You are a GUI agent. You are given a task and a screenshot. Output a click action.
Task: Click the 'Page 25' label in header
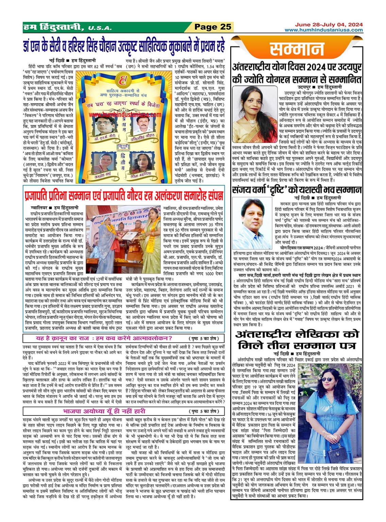[x=213, y=27]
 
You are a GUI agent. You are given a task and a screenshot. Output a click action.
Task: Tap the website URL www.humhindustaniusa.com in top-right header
[x=323, y=30]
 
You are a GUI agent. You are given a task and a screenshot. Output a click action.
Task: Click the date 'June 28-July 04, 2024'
[x=329, y=25]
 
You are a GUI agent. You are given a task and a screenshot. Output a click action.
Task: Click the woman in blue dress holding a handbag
[x=329, y=412]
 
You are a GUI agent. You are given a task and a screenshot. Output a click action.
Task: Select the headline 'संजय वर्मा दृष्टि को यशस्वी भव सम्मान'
[x=297, y=190]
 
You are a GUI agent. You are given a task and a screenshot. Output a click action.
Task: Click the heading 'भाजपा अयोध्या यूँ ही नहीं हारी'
[x=104, y=411]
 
